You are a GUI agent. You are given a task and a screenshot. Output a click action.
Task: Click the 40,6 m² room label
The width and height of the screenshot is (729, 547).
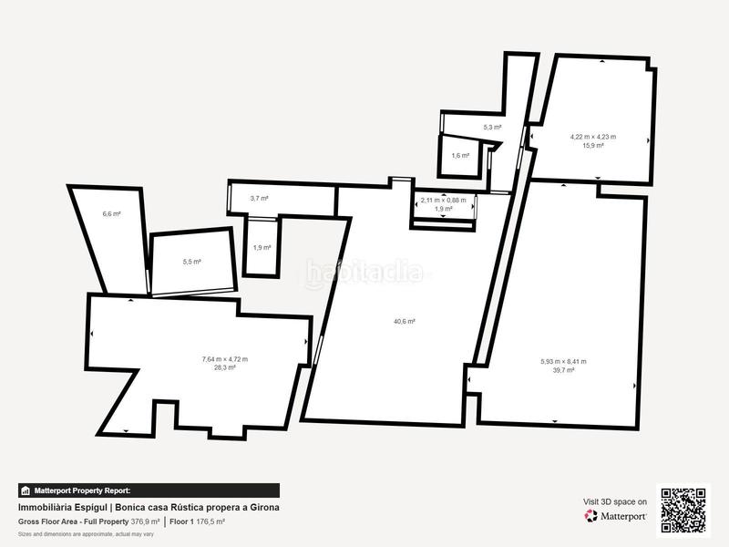[405, 321]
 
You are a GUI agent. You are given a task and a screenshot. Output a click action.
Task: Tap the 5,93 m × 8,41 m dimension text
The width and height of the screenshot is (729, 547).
[563, 362]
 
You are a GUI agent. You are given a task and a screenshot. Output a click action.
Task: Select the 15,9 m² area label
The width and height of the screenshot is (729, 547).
[593, 145]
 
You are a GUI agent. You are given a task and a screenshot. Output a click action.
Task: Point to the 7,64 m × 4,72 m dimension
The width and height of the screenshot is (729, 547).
[224, 359]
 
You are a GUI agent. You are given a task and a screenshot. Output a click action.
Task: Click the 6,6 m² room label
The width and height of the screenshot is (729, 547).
[111, 214]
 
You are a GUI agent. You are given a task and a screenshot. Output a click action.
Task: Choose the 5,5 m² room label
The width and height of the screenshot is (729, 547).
[191, 262]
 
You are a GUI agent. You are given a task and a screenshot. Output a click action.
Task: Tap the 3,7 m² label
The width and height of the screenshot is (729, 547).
[260, 198]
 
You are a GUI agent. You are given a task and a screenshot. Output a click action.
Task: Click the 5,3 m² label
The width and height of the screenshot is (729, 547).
[492, 128]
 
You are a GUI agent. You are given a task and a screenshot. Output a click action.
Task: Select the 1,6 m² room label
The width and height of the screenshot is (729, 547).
[460, 156]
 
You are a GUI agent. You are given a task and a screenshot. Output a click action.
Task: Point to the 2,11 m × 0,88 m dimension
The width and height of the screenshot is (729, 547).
[443, 201]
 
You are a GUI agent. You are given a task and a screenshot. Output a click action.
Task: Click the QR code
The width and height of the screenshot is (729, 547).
[683, 510]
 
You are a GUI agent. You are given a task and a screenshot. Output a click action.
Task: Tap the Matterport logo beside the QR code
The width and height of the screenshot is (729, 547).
[616, 516]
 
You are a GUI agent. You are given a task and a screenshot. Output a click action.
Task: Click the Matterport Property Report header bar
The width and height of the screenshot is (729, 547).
[149, 490]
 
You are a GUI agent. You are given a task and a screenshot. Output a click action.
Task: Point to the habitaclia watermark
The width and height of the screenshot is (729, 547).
[364, 272]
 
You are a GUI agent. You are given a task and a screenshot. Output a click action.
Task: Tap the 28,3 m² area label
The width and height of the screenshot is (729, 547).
[224, 368]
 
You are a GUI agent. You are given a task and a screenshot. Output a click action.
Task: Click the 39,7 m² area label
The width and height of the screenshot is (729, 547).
[563, 371]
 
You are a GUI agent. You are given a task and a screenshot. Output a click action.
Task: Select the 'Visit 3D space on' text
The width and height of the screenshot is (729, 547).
[615, 501]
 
